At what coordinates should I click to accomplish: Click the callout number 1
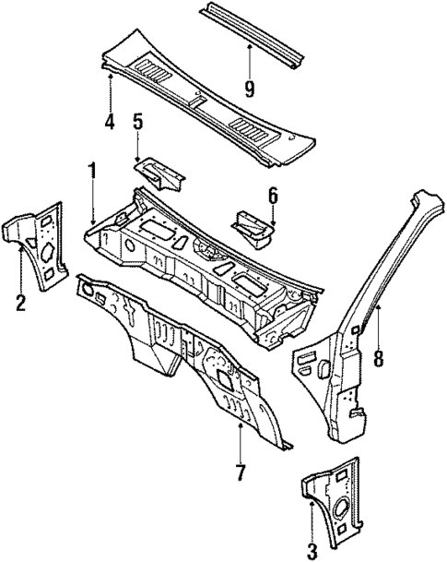(x=92, y=170)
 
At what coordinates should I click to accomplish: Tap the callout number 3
(x=312, y=551)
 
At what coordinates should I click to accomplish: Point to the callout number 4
(x=109, y=121)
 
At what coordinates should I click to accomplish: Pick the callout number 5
(x=138, y=122)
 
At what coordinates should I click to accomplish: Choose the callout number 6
(x=273, y=195)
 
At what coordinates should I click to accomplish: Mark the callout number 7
(x=240, y=472)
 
